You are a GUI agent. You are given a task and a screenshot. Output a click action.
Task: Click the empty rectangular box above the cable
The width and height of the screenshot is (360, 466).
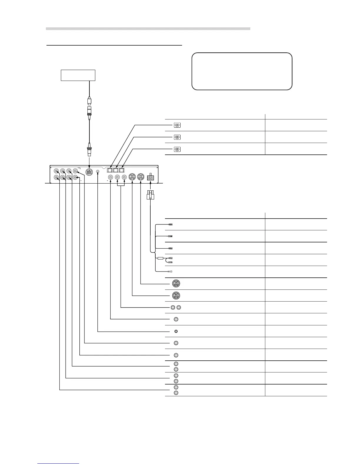(78, 75)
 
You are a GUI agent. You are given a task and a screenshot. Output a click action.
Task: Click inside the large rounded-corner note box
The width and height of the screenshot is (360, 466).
(242, 71)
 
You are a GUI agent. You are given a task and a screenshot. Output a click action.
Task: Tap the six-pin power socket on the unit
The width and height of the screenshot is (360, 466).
(151, 178)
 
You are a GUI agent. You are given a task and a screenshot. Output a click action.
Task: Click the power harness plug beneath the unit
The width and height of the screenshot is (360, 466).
(150, 195)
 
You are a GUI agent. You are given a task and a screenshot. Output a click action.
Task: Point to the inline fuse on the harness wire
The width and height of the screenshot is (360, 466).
(160, 259)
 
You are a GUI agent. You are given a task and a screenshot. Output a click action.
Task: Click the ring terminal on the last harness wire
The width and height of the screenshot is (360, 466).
(170, 272)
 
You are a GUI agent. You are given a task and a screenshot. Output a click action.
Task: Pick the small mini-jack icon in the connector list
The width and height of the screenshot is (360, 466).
(176, 331)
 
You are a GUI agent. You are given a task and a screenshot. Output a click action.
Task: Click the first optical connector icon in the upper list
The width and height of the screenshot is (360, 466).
(177, 125)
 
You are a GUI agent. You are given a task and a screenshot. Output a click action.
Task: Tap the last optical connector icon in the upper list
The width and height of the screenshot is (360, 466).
(177, 149)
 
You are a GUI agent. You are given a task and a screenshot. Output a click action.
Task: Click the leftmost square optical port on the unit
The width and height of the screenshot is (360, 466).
(110, 170)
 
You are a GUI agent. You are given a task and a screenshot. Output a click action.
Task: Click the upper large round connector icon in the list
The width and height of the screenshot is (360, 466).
(176, 284)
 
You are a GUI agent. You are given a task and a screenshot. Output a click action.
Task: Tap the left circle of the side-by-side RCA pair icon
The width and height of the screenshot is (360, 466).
(173, 307)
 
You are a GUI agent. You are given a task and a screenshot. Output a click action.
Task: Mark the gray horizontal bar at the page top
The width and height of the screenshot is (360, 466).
(148, 29)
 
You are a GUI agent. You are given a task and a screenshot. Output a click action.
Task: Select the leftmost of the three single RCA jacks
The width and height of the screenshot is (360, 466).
(110, 177)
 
